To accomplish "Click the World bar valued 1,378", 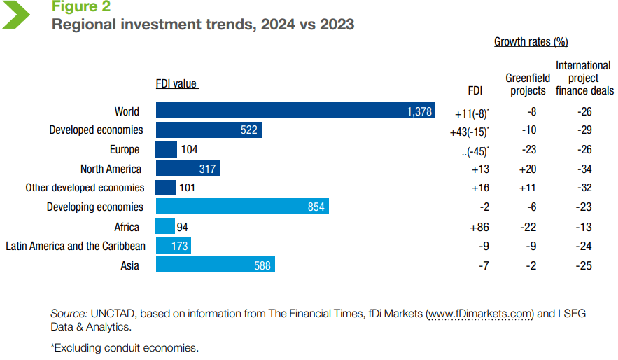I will (295, 111).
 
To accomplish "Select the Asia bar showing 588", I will (215, 265).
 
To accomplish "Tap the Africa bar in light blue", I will (165, 227).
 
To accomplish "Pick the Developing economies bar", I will (242, 207).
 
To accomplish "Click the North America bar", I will (188, 169).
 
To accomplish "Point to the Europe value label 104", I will (189, 150).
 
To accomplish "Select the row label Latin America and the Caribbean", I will (76, 246).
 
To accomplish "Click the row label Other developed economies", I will (85, 188).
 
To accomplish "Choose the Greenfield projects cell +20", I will (527, 169).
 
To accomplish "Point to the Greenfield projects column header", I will (527, 84).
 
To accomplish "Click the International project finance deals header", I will (584, 78).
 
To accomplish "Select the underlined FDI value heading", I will (176, 84).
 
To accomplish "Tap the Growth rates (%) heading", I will (531, 42).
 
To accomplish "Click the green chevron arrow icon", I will (17, 14).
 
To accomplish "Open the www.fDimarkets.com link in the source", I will (481, 314).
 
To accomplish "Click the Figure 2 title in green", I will (80, 8).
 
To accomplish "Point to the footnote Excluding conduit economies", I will (125, 347).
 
